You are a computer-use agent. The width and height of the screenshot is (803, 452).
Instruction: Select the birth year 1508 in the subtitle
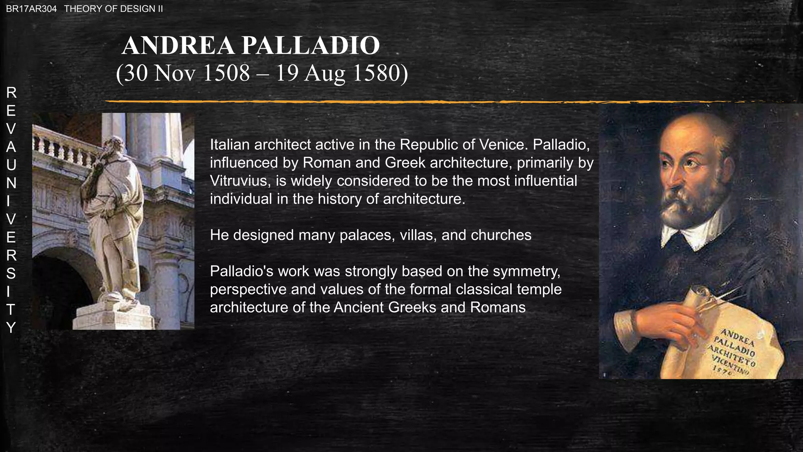point(227,73)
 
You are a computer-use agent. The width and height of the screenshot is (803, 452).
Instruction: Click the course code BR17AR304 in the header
point(31,9)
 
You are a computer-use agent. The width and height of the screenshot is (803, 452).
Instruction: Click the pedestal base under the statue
point(114,316)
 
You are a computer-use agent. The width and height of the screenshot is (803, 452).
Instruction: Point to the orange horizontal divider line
point(353,102)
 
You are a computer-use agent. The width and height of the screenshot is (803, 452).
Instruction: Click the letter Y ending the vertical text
point(11,327)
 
